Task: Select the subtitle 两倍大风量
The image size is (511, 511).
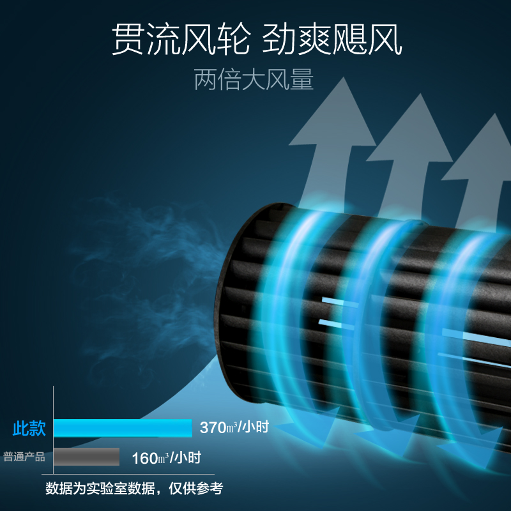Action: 254,80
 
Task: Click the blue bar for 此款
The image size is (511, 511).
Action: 122,428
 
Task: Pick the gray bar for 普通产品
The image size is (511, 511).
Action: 86,457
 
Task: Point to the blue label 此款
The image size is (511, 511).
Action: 29,428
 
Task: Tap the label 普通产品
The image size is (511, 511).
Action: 24,457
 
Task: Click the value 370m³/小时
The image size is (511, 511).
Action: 234,427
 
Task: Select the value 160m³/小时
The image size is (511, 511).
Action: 166,457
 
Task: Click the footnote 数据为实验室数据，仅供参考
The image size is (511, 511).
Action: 134,489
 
